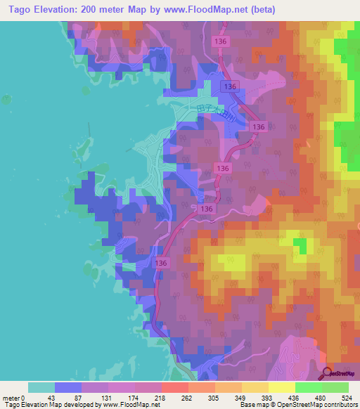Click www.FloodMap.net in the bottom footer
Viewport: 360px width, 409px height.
[x=131, y=405]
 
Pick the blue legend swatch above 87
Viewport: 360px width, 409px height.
[x=68, y=387]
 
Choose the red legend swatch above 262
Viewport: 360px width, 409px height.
[x=175, y=387]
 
